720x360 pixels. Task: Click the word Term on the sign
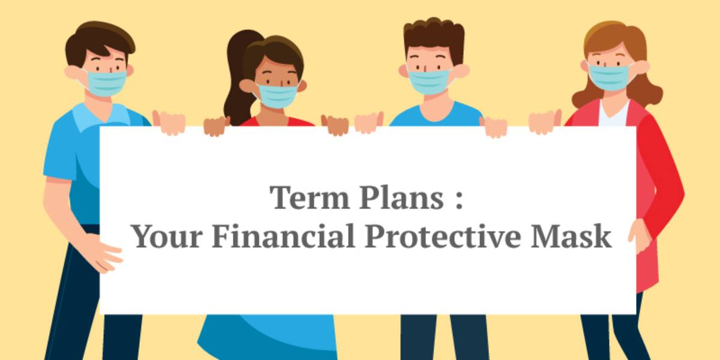click(310, 197)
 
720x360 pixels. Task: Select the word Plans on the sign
click(402, 197)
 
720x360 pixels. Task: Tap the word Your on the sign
click(167, 236)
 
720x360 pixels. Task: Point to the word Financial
click(283, 236)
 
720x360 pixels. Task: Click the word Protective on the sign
click(443, 236)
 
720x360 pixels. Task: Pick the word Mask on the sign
click(571, 236)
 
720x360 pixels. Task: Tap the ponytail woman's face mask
click(277, 95)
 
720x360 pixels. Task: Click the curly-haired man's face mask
click(430, 82)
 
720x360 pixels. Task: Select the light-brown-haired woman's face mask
click(608, 77)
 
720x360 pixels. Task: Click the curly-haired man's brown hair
click(434, 38)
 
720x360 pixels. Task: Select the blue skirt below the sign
click(267, 337)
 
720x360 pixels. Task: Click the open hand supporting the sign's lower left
click(103, 253)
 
